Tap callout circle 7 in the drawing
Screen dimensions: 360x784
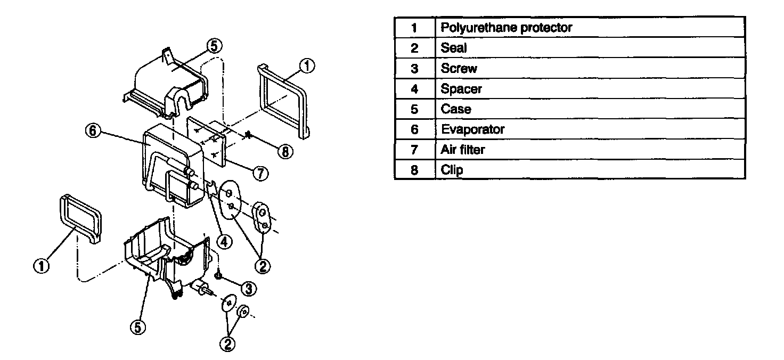pos(259,174)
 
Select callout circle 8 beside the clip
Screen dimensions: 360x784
pos(285,151)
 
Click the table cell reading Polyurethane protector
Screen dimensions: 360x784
pos(506,28)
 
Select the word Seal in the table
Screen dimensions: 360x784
pos(454,48)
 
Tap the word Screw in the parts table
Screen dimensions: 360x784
pos(459,69)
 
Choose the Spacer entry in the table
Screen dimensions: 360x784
pos(461,89)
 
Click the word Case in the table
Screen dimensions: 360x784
pos(456,109)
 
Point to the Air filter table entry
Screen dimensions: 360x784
pos(463,150)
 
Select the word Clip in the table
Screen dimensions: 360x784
pos(452,170)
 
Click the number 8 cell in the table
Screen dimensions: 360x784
pos(414,170)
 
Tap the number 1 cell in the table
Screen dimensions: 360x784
pos(414,28)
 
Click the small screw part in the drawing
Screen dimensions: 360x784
pos(218,275)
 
